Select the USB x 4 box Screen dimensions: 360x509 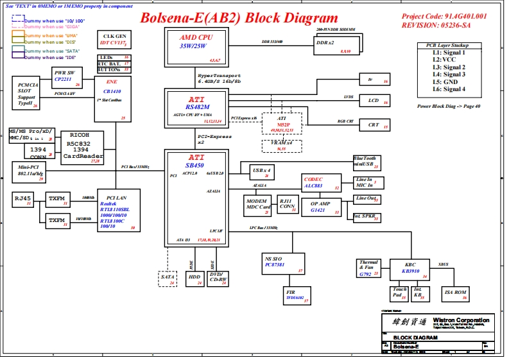[262, 172]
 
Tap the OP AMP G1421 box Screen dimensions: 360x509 [321, 207]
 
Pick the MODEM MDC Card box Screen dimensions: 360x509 [258, 205]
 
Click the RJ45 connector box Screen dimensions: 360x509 [23, 200]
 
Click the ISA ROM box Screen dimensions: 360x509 [456, 294]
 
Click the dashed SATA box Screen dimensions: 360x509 [168, 279]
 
